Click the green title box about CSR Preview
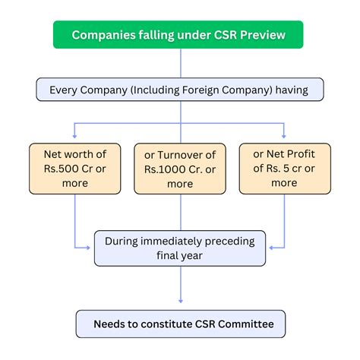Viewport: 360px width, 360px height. coord(180,35)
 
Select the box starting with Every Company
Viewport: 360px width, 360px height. coord(180,90)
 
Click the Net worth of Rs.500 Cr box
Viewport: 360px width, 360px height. coord(75,168)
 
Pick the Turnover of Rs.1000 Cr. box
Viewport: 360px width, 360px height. coord(180,168)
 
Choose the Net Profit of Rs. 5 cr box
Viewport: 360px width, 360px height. coord(284,168)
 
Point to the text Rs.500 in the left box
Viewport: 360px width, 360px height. coord(61,168)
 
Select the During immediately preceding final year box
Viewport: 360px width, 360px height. coord(180,248)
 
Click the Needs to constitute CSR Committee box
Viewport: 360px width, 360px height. coord(180,324)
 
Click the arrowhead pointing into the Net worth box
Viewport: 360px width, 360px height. coord(75,137)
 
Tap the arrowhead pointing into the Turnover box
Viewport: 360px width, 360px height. coord(180,137)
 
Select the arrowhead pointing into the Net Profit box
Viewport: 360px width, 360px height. coord(284,137)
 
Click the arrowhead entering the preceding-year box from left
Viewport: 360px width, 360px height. coord(90,248)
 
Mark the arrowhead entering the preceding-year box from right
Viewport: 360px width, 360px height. coord(270,248)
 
